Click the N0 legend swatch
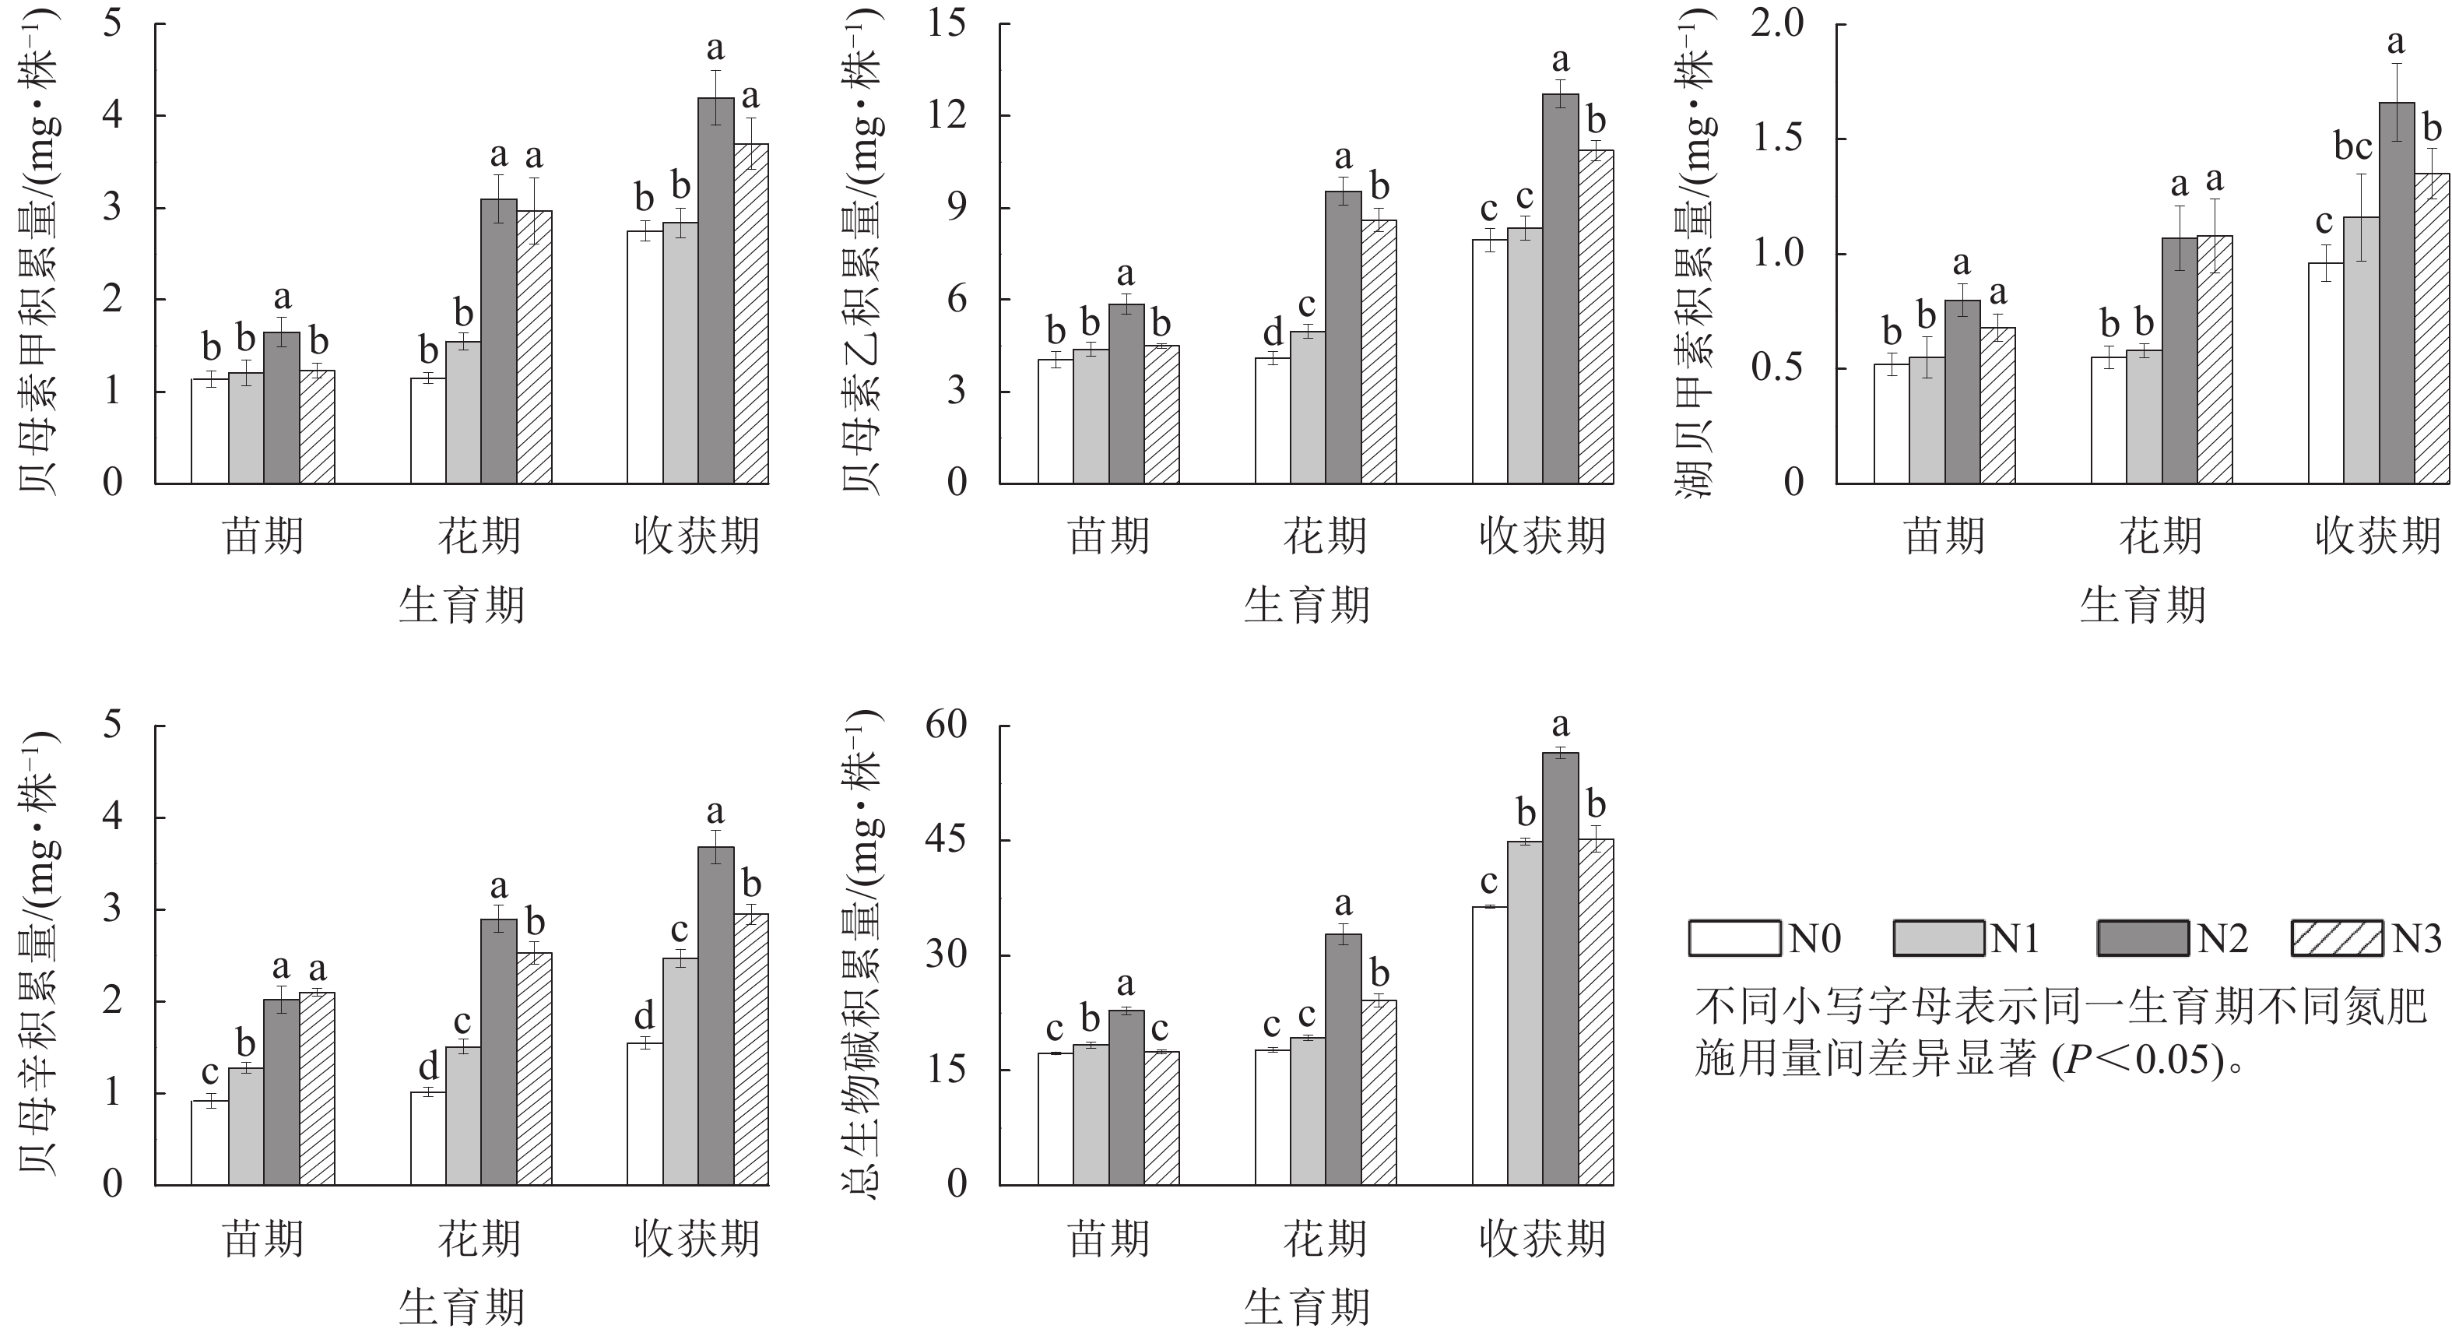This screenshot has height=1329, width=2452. tap(1734, 937)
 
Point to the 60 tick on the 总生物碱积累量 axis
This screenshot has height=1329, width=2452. tap(945, 726)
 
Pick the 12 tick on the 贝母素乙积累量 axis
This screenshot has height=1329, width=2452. tap(945, 115)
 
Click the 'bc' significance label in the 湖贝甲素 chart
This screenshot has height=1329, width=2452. tap(2352, 148)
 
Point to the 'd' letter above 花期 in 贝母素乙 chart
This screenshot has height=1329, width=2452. tap(1273, 334)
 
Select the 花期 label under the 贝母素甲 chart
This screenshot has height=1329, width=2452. tap(480, 536)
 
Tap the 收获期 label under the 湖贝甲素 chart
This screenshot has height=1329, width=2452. tap(2378, 536)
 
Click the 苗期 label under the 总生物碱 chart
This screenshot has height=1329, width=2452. tap(1109, 1239)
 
